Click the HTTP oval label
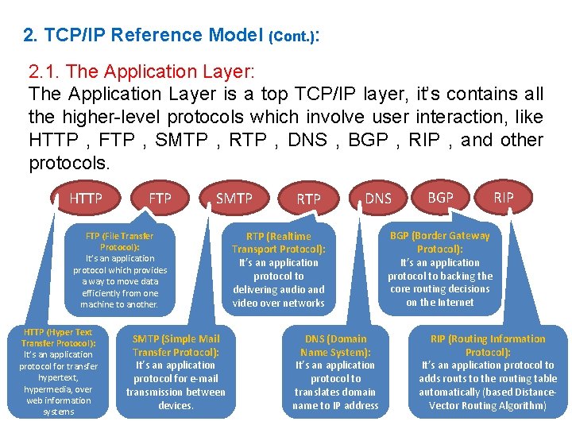point(86,199)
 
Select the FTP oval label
point(160,198)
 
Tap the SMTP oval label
point(234,198)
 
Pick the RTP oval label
point(308,199)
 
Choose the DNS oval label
point(378,199)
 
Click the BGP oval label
point(441,197)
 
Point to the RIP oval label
point(504,197)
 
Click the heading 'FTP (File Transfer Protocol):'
point(119,242)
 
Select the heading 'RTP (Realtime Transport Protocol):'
point(278,242)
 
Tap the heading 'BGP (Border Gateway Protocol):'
point(439,242)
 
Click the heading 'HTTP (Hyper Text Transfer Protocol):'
point(58,338)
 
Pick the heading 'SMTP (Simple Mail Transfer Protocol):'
point(176,346)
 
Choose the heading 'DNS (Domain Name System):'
point(335,346)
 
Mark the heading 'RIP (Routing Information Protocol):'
point(488,346)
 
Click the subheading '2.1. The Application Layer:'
point(141,71)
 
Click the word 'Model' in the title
point(237,35)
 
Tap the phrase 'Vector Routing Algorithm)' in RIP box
point(488,405)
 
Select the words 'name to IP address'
point(335,405)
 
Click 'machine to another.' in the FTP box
point(119,304)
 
